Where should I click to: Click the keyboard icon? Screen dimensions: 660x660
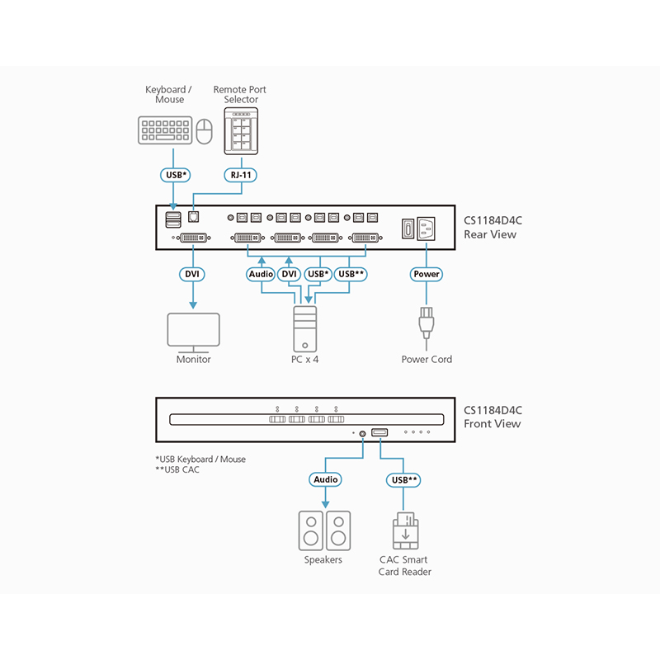165,130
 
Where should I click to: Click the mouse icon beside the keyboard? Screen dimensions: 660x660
204,130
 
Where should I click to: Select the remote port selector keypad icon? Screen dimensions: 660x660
241,130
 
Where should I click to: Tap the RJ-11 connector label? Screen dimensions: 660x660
241,175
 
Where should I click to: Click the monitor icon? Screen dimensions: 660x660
193,331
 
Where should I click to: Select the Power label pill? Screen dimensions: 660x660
427,274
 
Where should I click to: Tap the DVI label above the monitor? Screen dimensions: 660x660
193,274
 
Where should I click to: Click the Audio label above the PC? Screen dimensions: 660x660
261,274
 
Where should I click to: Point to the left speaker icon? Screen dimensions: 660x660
311,530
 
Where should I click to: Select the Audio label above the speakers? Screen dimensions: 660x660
324,478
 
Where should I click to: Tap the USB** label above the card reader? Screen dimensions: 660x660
404,478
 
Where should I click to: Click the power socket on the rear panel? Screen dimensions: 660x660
427,228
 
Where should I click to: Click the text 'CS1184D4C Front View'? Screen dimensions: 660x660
493,417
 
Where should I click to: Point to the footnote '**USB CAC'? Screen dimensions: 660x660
177,469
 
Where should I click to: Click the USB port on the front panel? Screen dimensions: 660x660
379,432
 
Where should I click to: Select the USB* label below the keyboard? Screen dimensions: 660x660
174,175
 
